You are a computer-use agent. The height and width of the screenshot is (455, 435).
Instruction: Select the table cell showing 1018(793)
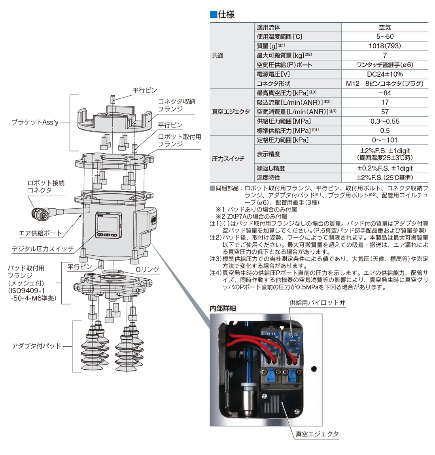click(x=384, y=46)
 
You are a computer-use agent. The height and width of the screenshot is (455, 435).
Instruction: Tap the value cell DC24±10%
click(x=384, y=74)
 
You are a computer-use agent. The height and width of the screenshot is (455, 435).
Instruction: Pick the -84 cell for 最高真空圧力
click(x=384, y=93)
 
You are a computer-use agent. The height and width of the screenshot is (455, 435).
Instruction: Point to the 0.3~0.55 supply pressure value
click(x=384, y=121)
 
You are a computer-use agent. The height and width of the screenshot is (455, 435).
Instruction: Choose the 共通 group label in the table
click(x=218, y=56)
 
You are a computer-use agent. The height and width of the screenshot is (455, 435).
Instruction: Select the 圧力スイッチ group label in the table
click(x=228, y=159)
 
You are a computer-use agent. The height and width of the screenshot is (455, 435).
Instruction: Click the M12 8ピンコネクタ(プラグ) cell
click(x=384, y=84)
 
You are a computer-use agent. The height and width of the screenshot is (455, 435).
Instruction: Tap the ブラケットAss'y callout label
click(x=35, y=123)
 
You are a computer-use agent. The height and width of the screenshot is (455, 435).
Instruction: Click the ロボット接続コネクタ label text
click(x=46, y=187)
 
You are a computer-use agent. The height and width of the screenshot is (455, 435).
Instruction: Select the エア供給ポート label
click(x=41, y=233)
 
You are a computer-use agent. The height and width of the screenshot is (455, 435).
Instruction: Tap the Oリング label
click(x=147, y=270)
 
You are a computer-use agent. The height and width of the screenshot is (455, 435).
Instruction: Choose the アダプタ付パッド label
click(x=37, y=346)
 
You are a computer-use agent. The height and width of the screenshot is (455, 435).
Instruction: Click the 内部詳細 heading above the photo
click(x=223, y=308)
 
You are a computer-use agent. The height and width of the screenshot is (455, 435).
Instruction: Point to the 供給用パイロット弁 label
click(x=317, y=303)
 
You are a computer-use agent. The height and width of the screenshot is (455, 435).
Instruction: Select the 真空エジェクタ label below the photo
click(x=317, y=434)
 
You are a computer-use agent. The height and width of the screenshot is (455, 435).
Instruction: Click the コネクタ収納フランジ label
click(x=176, y=105)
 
